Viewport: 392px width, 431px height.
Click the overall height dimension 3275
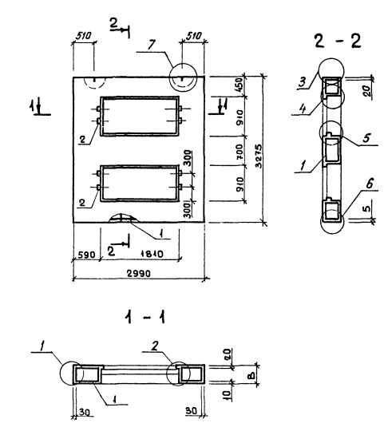[x=259, y=156]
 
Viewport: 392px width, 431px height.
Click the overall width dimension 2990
[x=139, y=273]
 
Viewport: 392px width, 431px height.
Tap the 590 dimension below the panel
[x=86, y=255]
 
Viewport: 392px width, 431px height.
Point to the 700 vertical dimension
[x=240, y=152]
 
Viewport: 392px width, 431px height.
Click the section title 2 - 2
[x=338, y=42]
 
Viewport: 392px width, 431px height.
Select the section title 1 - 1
[x=145, y=318]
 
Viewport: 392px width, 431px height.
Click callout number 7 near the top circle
[x=152, y=45]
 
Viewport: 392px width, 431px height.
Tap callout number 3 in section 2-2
[x=303, y=82]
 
